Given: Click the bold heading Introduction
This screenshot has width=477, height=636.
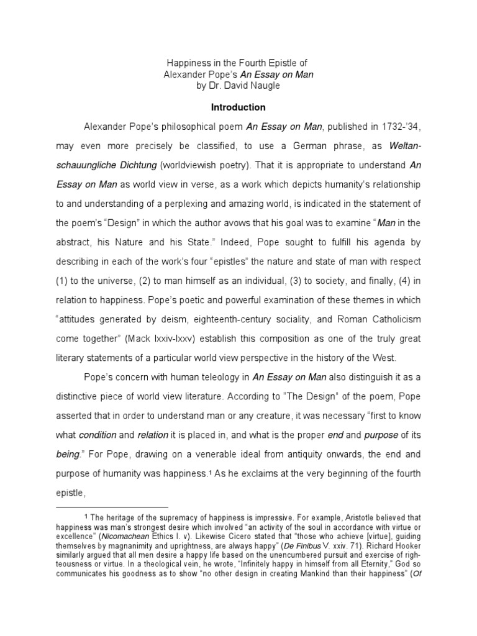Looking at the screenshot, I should [x=238, y=107].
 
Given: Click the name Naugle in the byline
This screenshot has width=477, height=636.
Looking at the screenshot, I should [x=265, y=86].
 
